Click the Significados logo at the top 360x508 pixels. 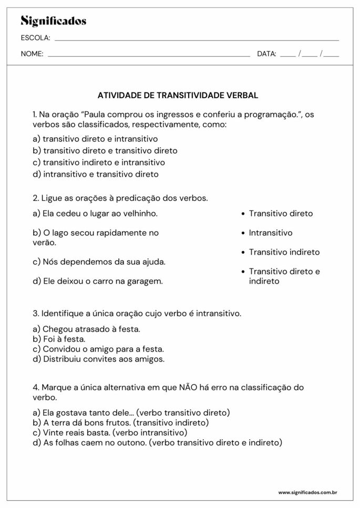pyautogui.click(x=53, y=21)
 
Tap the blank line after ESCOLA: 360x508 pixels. pyautogui.click(x=197, y=39)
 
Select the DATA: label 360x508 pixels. pyautogui.click(x=266, y=54)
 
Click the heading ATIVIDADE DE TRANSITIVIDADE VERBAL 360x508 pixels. pyautogui.click(x=178, y=96)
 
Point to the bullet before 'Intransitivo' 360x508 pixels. pyautogui.click(x=243, y=233)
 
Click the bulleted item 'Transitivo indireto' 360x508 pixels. pyautogui.click(x=284, y=252)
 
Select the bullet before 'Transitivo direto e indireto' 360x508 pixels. pyautogui.click(x=243, y=272)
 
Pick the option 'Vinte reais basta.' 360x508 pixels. pyautogui.click(x=71, y=432)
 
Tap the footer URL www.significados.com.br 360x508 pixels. pyautogui.click(x=307, y=493)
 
